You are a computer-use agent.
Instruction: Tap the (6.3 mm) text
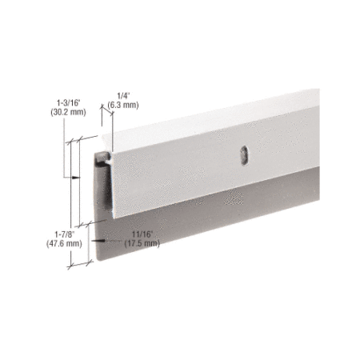pos(123,105)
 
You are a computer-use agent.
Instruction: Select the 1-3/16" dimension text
pos(69,102)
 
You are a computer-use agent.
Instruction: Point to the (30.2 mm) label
pos(69,112)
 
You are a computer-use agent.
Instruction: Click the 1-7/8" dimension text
pos(65,234)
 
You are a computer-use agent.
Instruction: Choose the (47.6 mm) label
pos(64,243)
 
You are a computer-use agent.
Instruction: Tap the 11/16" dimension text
pos(142,234)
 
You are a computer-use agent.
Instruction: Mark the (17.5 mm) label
pos(142,243)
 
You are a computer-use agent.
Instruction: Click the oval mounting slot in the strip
pos(243,154)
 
